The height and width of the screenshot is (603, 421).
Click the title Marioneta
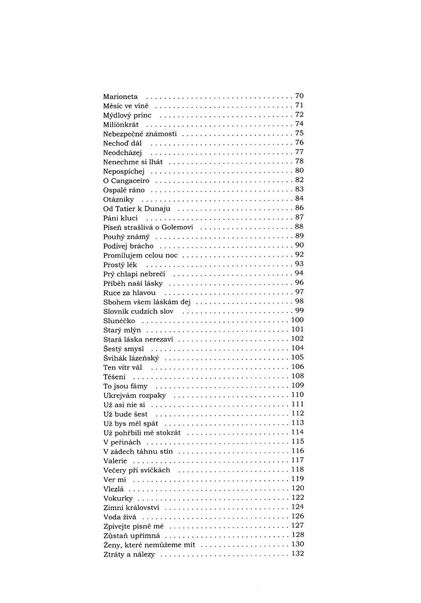point(121,96)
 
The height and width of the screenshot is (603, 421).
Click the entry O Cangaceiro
point(126,180)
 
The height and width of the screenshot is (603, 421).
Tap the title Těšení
point(115,376)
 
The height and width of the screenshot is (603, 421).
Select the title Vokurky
point(118,498)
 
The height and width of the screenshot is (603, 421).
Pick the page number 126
point(297,517)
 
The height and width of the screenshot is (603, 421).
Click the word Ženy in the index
point(112,545)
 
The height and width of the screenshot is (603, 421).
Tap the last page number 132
point(297,554)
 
